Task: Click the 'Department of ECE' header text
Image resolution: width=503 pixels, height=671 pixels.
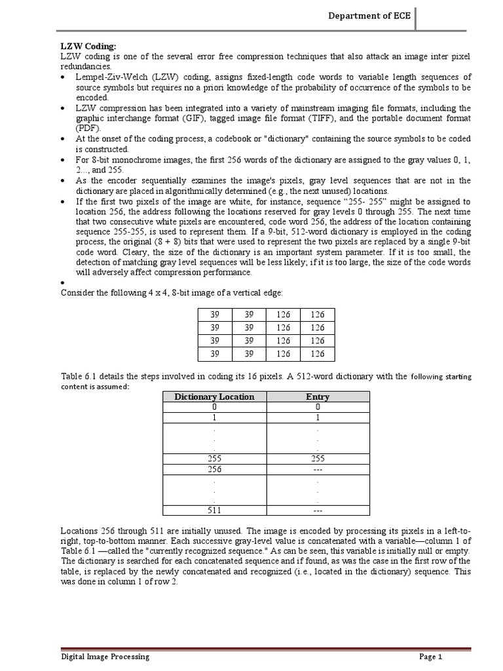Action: pyautogui.click(x=369, y=16)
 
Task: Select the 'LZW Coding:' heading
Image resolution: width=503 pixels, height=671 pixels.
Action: pyautogui.click(x=88, y=46)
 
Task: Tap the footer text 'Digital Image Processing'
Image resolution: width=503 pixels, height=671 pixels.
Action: pyautogui.click(x=105, y=656)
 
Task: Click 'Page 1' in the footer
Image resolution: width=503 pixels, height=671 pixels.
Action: pyautogui.click(x=431, y=656)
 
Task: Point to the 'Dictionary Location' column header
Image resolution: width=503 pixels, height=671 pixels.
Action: pyautogui.click(x=214, y=396)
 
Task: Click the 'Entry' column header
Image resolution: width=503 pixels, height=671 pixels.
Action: pyautogui.click(x=318, y=396)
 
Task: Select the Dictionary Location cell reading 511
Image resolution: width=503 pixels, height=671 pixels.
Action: pyautogui.click(x=214, y=510)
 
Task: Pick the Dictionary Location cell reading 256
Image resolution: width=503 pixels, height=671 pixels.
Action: pyautogui.click(x=214, y=469)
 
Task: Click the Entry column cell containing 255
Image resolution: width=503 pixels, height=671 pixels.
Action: pyautogui.click(x=318, y=459)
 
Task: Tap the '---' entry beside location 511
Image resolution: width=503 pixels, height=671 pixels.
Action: pyautogui.click(x=318, y=510)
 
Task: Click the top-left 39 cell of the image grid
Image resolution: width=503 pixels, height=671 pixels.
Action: pyautogui.click(x=215, y=315)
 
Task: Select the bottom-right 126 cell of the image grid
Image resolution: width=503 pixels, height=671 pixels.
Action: pyautogui.click(x=318, y=354)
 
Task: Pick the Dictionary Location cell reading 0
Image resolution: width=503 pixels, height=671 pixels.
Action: pyautogui.click(x=214, y=407)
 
